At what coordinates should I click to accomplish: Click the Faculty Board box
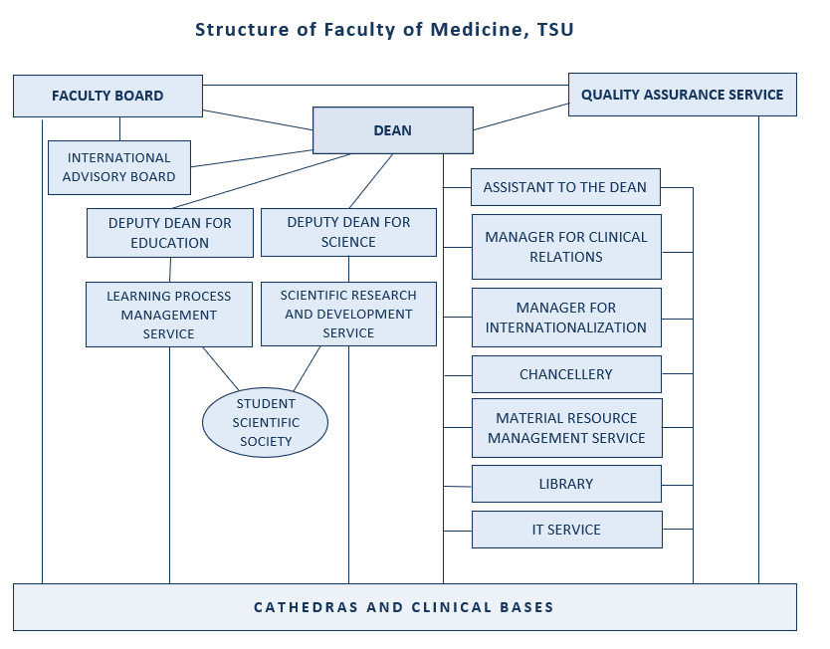107,96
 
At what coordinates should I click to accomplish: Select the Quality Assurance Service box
682,95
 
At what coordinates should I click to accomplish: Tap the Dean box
392,130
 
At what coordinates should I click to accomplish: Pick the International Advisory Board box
118,167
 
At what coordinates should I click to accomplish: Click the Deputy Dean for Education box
170,233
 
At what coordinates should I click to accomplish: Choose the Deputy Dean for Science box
348,232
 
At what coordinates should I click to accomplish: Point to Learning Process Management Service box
168,315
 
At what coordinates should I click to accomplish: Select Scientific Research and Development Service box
348,314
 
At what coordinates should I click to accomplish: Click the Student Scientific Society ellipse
266,422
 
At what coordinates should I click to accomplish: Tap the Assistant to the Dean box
565,187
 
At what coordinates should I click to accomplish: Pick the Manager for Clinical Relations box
565,247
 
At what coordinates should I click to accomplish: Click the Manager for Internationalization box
565,318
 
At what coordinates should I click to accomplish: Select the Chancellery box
565,374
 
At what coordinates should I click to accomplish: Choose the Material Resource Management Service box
565,428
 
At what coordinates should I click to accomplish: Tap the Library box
565,484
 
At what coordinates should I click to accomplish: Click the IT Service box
565,530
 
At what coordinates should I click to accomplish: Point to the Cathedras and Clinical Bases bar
404,607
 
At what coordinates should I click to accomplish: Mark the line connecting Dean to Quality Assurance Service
520,115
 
